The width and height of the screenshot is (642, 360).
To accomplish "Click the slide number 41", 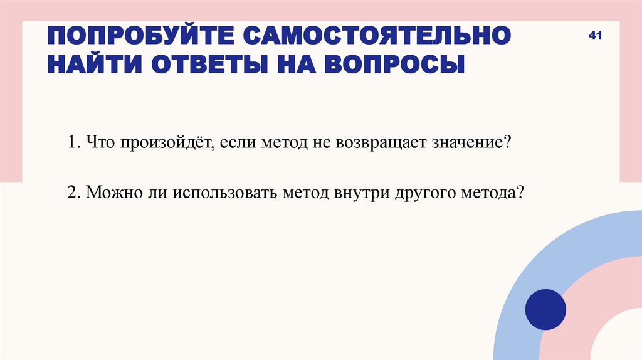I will pyautogui.click(x=595, y=36).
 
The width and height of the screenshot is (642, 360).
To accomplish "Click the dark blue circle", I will pyautogui.click(x=545, y=309).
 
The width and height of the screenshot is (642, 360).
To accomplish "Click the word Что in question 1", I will pyautogui.click(x=98, y=142).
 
